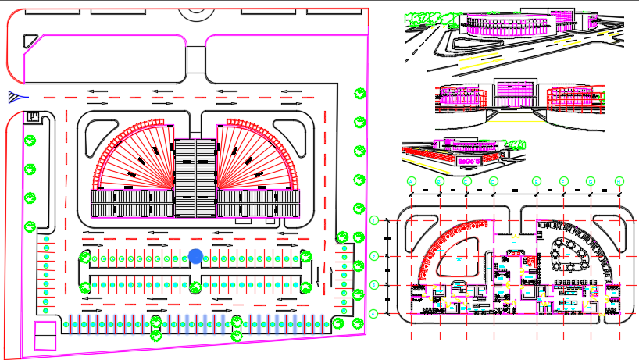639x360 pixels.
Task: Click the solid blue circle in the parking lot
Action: point(195,255)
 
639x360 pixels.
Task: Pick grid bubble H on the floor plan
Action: point(619,181)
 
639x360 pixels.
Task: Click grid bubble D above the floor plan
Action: point(494,181)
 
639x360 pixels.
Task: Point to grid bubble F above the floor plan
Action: point(563,181)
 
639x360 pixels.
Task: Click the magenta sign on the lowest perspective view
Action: point(467,159)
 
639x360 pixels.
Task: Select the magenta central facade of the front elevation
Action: point(514,93)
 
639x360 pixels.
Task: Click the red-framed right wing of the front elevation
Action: point(574,97)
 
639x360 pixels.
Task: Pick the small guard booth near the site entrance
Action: point(33,117)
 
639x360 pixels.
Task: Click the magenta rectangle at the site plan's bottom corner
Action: point(45,335)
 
